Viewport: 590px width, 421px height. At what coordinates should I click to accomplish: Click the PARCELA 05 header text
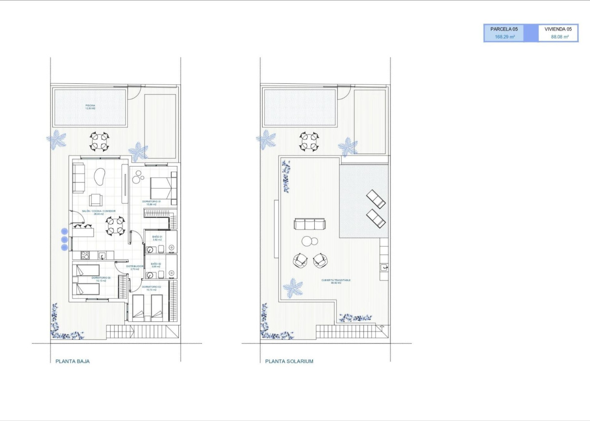point(504,29)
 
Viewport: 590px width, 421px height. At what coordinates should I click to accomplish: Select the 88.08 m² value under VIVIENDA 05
point(558,37)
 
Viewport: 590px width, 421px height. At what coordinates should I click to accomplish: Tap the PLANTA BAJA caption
point(73,361)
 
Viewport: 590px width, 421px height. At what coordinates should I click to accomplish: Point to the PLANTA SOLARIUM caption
point(289,361)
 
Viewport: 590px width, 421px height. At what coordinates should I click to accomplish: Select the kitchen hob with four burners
point(84,256)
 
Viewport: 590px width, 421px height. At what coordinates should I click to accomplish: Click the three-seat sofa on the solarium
point(310,224)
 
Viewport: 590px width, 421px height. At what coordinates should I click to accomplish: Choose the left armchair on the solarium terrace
point(300,260)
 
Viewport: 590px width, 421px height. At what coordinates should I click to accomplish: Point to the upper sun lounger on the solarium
point(376,199)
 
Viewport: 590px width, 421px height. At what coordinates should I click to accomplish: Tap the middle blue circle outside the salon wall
point(64,239)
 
